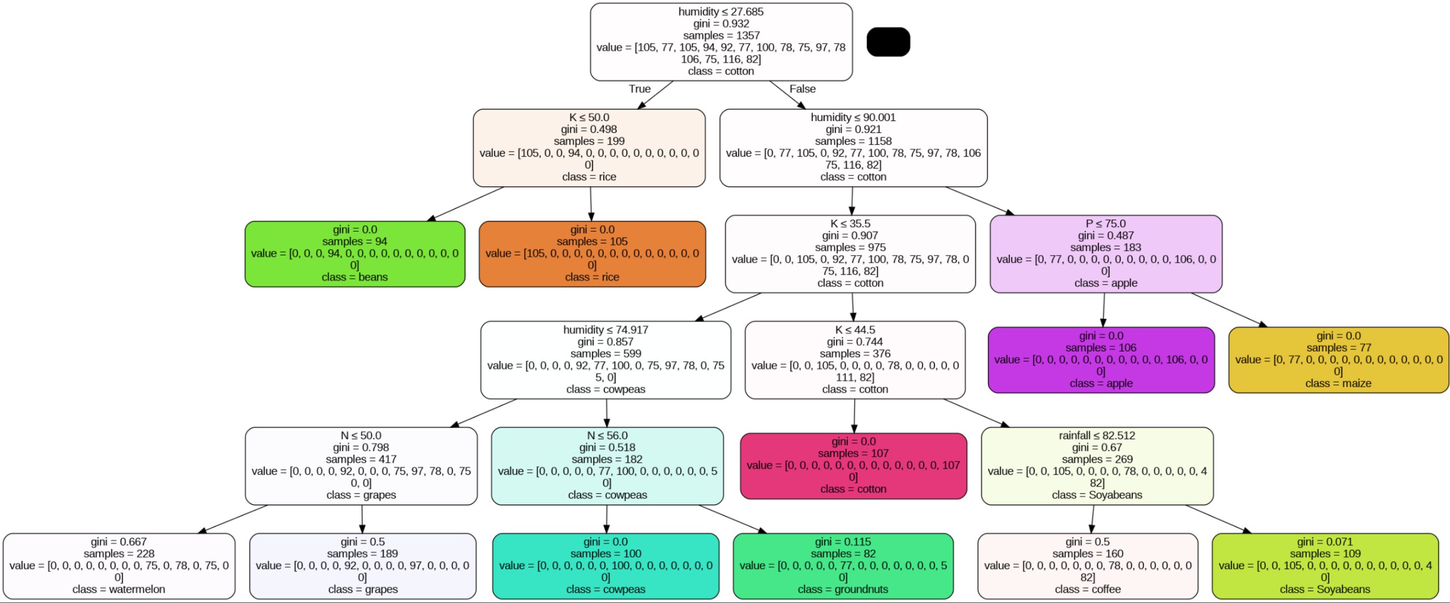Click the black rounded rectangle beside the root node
888,42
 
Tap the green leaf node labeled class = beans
355,254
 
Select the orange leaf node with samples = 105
592,254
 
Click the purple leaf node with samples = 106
1101,360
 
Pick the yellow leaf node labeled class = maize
1338,360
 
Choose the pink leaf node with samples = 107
853,465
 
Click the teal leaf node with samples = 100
605,566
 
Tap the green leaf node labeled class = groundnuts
843,566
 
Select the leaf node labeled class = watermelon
119,566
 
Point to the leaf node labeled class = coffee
1087,566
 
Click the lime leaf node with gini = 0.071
1325,566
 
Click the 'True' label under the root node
639,89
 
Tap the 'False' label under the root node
802,89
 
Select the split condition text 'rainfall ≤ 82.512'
1097,435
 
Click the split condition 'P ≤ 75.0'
1105,224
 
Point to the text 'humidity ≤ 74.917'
605,330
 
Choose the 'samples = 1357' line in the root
721,35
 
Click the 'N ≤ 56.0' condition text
607,435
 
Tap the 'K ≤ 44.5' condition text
855,330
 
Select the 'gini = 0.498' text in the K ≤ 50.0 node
588,129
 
